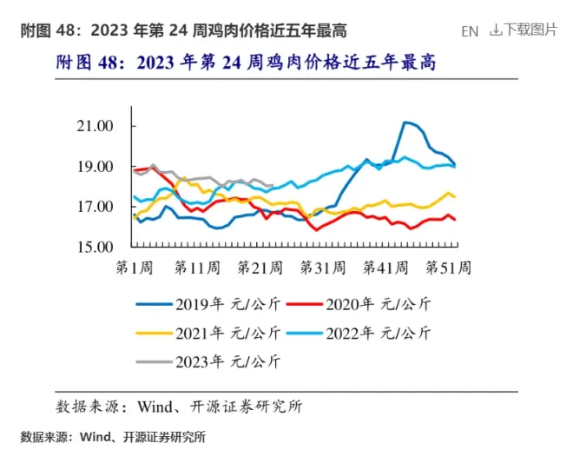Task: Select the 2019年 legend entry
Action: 213,304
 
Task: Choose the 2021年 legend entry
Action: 213,333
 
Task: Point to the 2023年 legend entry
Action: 213,360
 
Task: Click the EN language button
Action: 470,31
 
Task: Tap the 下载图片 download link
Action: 524,30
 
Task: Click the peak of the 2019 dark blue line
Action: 405,122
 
